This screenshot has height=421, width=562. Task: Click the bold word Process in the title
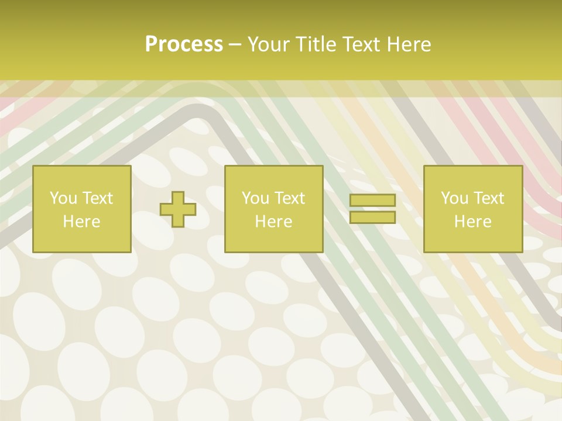(184, 44)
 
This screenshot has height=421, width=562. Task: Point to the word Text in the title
(359, 44)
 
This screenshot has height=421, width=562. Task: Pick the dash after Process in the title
(235, 45)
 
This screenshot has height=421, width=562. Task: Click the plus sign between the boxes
(178, 209)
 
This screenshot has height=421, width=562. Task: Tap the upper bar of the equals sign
(372, 201)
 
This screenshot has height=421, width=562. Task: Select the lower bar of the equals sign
(372, 218)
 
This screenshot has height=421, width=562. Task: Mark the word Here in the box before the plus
(81, 222)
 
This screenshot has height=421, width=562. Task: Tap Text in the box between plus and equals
(289, 198)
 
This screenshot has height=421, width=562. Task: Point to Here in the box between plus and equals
(273, 222)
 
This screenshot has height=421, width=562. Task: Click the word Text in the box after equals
(488, 198)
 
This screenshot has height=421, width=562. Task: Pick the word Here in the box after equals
(472, 222)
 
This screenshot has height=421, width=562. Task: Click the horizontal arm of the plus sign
(166, 209)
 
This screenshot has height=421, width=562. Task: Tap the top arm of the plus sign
(178, 197)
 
